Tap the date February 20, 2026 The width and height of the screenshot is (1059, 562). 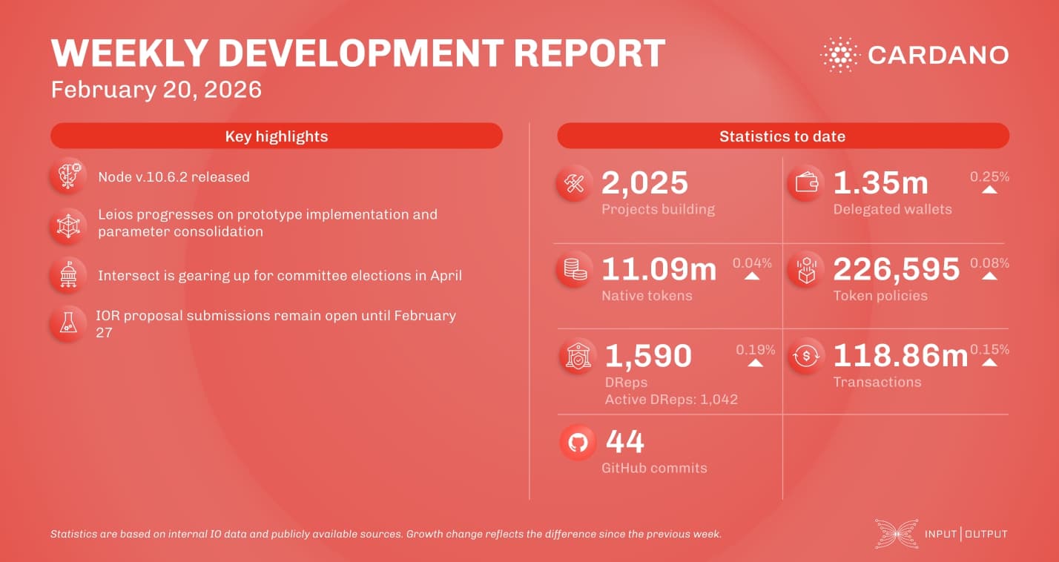[156, 90]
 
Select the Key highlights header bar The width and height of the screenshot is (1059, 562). [276, 136]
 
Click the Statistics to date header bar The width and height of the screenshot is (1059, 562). [782, 136]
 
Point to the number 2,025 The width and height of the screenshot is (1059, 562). [644, 183]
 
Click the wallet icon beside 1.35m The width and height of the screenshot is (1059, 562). [805, 184]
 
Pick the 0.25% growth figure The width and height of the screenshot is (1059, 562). [989, 177]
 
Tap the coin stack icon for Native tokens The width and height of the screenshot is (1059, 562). [575, 270]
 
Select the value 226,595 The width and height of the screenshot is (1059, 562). [896, 270]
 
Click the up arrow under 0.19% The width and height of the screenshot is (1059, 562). [755, 363]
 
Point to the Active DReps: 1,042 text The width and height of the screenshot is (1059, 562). [671, 400]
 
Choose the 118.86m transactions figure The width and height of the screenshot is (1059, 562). [900, 356]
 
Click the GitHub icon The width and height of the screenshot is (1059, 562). [578, 443]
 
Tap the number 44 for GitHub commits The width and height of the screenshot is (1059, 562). [625, 443]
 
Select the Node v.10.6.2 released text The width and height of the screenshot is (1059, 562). [174, 177]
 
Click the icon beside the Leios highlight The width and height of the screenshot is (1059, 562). [68, 225]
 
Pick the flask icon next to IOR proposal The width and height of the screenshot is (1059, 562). [68, 323]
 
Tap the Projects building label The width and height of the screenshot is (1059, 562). [658, 209]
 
